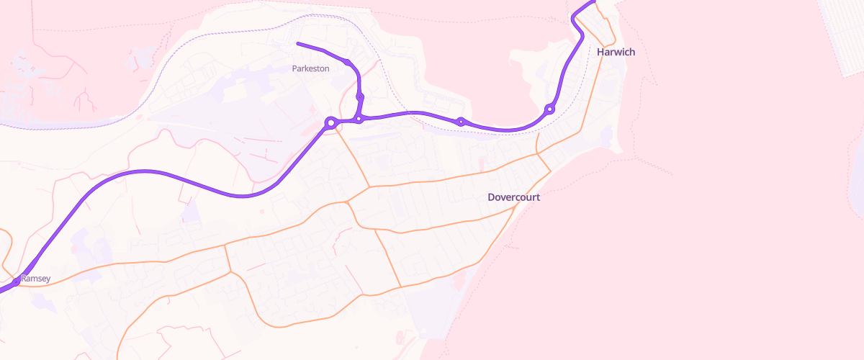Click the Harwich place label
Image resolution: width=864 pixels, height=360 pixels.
coord(616,52)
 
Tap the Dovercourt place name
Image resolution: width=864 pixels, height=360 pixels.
coord(513,197)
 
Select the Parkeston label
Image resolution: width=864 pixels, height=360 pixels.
coord(310,68)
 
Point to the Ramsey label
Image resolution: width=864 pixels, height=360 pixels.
coord(35,278)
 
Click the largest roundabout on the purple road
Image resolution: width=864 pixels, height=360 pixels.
coord(330,123)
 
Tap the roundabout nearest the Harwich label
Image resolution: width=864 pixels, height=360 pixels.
coord(550,109)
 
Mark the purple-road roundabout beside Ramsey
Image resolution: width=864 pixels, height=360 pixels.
coord(16,282)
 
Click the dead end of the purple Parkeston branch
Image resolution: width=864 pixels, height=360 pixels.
coord(298,44)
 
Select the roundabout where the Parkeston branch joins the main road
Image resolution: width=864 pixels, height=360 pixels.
coord(358,119)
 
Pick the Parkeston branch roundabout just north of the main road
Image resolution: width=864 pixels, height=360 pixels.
coord(360,96)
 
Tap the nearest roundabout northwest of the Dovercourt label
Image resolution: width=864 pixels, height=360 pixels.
coord(461,121)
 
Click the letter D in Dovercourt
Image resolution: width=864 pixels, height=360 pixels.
coord(491,197)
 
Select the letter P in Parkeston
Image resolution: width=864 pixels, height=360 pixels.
coord(294,68)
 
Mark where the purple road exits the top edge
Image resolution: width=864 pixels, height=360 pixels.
coord(593,1)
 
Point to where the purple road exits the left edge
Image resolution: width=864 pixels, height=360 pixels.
coord(1,291)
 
